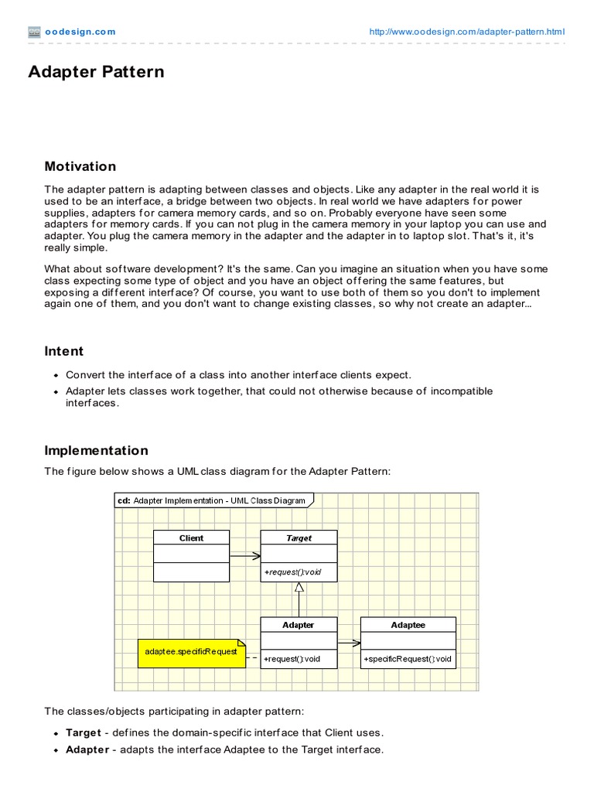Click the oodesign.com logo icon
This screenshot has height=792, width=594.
(34, 32)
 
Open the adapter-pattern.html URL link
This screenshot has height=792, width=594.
(467, 32)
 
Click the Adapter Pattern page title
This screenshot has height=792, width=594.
(96, 72)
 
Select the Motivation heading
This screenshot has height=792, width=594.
(80, 166)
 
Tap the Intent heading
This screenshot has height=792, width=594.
(64, 351)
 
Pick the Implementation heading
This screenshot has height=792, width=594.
(96, 450)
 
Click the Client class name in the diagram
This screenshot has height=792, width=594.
(191, 538)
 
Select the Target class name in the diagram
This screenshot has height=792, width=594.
(299, 538)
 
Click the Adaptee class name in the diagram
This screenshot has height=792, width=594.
(408, 624)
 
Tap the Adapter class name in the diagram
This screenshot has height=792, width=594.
(299, 624)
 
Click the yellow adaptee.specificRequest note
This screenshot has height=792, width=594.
(191, 652)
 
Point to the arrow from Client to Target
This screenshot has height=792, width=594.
(244, 555)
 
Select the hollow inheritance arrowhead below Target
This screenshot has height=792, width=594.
(299, 588)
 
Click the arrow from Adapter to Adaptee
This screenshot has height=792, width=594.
(349, 642)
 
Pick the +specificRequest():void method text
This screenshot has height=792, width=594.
(408, 659)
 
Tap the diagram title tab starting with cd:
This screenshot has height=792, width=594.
(212, 500)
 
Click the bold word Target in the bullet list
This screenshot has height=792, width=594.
(84, 732)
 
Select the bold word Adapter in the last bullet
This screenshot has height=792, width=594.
(87, 749)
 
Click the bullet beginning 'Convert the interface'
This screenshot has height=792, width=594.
(238, 375)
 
